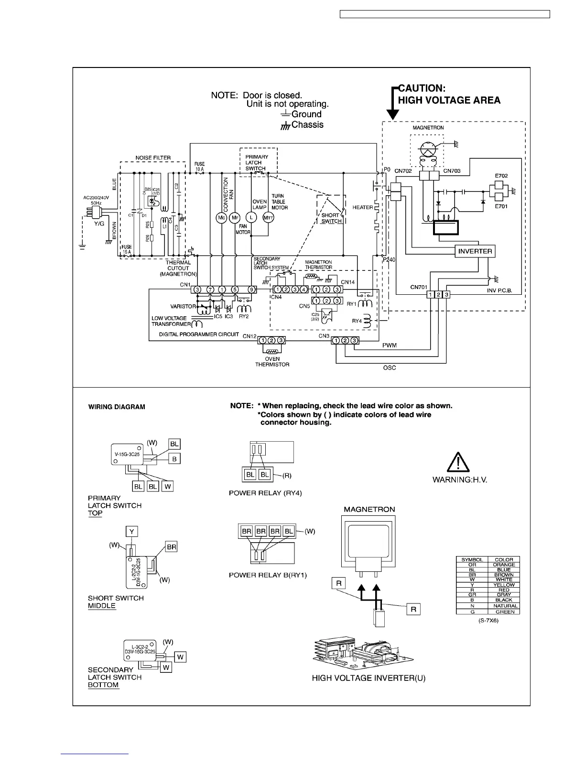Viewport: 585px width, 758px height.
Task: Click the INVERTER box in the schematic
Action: coord(475,251)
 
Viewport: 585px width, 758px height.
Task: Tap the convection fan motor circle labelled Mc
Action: coord(221,217)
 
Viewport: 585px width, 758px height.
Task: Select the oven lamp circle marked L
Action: coord(253,217)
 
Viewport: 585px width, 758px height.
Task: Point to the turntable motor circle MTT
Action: coord(269,217)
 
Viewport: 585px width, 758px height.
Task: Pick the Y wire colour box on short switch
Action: coord(131,531)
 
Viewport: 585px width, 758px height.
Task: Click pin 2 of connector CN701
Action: coord(439,294)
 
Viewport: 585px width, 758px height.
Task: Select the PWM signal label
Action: coord(390,346)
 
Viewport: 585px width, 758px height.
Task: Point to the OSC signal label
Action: coord(390,368)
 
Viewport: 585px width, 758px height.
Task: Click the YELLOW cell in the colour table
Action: coord(504,585)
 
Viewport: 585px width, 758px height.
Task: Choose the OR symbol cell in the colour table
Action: coord(472,565)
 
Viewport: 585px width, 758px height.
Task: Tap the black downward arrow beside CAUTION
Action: coord(392,114)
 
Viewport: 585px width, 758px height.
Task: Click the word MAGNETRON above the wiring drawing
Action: coord(369,509)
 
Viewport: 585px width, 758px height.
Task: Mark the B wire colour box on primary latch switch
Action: coord(174,458)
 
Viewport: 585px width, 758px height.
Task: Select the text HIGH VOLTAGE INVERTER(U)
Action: coord(368,678)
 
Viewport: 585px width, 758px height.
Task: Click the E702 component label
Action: coord(501,176)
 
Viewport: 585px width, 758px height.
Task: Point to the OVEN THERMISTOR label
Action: coord(272,362)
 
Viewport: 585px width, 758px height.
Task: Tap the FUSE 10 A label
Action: coord(200,167)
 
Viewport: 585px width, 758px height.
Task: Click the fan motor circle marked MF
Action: coord(235,217)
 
